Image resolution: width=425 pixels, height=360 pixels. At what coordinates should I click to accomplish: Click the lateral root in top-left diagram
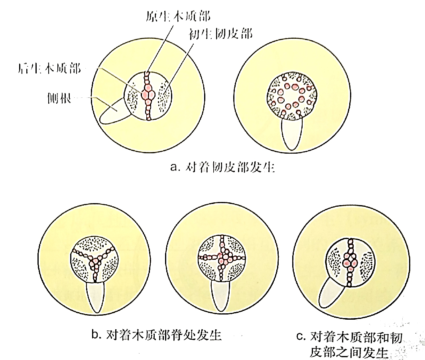[113, 112]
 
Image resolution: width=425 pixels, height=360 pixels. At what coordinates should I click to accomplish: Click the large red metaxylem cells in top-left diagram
[148, 94]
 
